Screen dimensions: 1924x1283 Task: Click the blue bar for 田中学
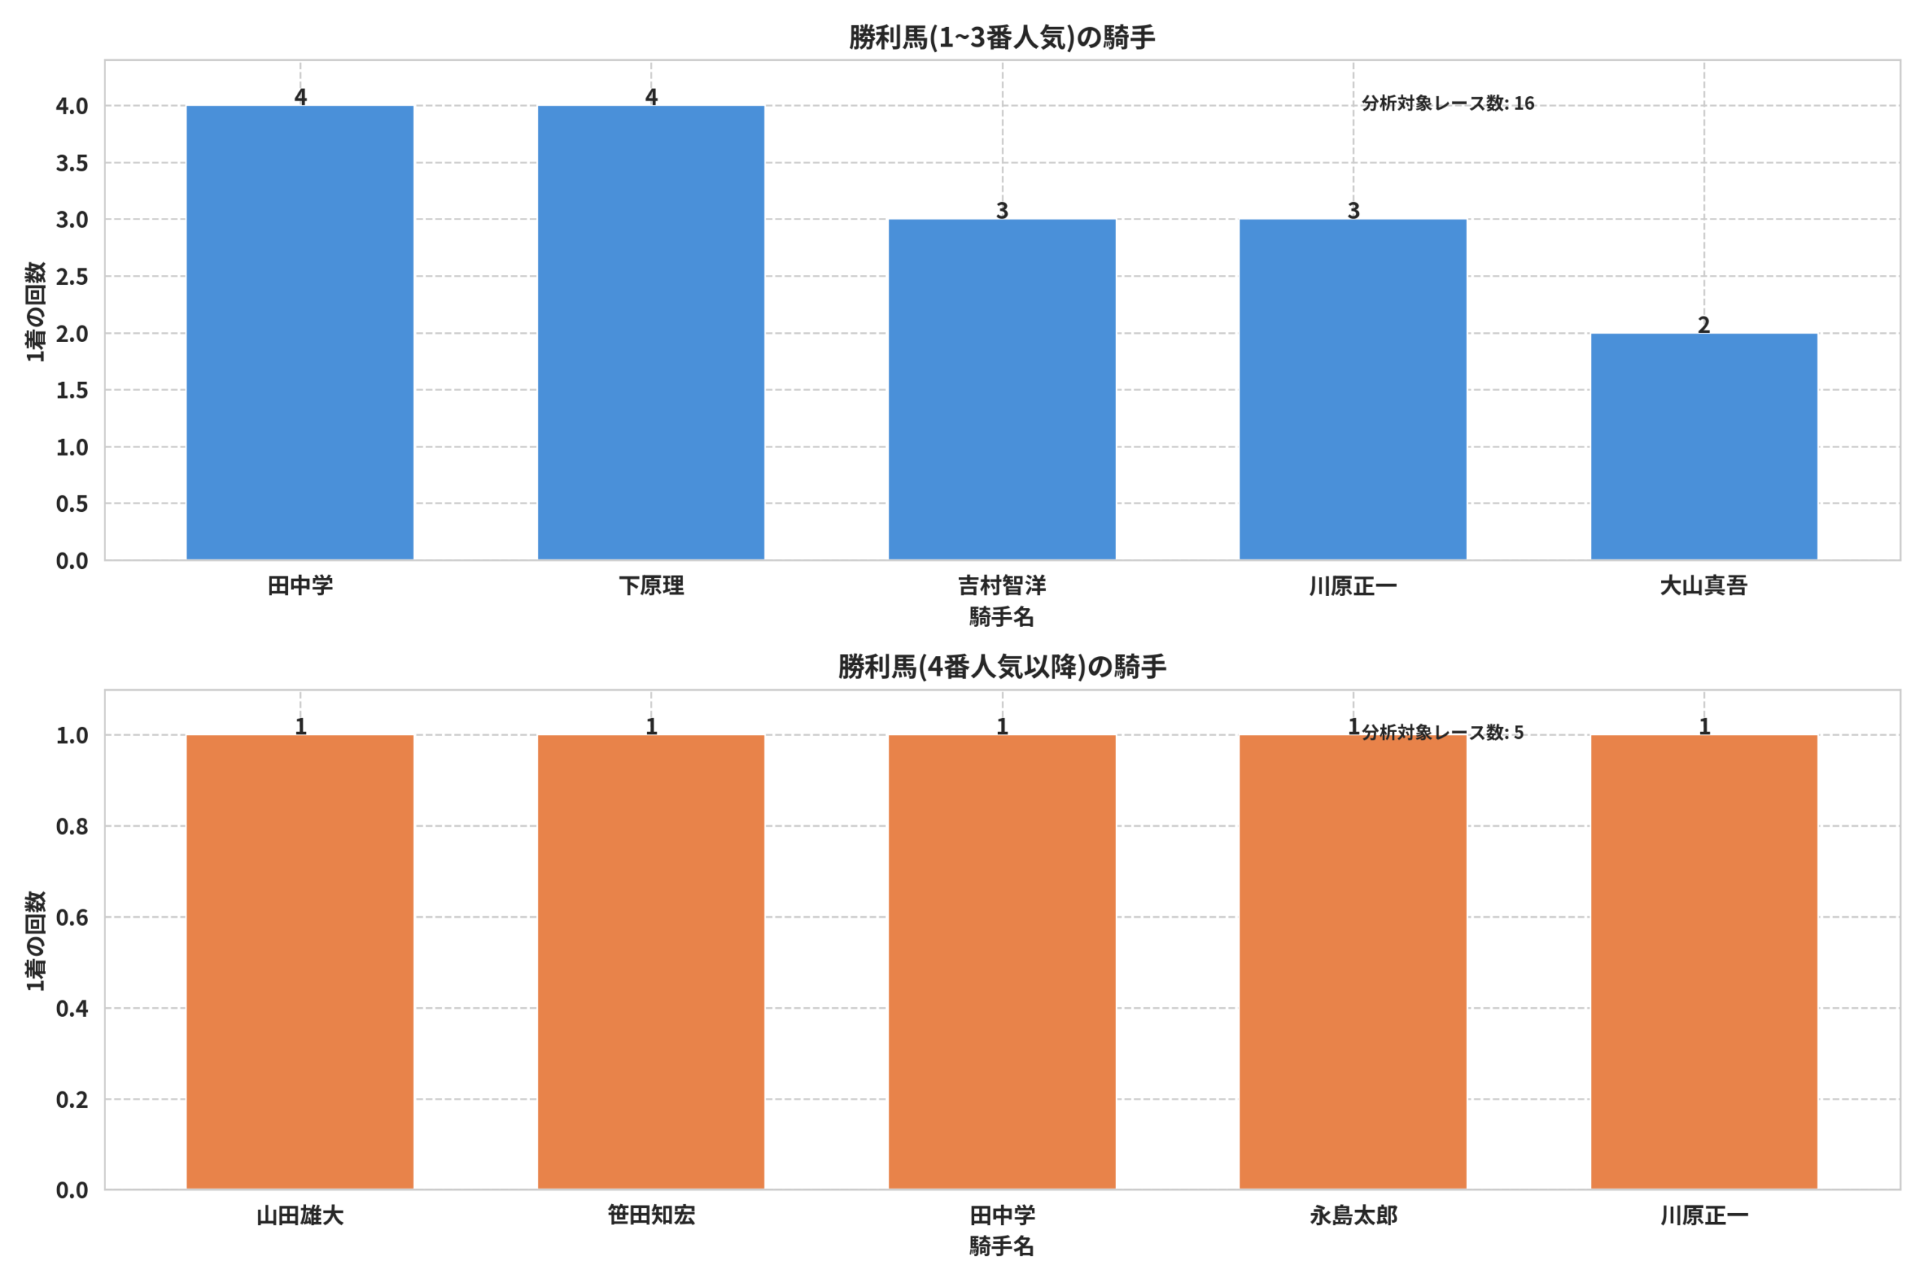[x=300, y=333]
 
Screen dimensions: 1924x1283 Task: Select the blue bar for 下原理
[x=651, y=333]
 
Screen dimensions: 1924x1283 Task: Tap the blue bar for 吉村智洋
[x=1002, y=389]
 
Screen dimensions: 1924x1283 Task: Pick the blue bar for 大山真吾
[x=1704, y=446]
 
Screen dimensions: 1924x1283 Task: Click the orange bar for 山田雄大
[x=300, y=962]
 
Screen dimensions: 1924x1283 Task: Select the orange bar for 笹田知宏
[x=651, y=962]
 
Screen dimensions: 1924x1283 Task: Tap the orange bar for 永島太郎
[x=1353, y=962]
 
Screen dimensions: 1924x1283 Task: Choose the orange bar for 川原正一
[x=1704, y=962]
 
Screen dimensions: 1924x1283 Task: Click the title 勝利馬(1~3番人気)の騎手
[x=1002, y=38]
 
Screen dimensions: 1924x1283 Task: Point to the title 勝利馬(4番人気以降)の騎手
[x=1002, y=667]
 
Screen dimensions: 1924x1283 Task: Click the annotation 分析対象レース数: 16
[x=1448, y=103]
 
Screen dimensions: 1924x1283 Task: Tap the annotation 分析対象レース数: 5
[x=1443, y=732]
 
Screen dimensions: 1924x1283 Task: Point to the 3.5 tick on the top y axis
[x=72, y=163]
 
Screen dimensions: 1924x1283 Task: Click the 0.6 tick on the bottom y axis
[x=72, y=917]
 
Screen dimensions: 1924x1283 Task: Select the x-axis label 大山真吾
[x=1704, y=586]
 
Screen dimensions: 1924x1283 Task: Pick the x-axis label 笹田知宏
[x=651, y=1215]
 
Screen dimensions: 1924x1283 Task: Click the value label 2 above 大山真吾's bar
[x=1704, y=325]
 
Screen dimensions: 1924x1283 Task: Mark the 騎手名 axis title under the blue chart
[x=1002, y=617]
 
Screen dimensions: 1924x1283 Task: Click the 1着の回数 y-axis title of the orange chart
[x=35, y=941]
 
